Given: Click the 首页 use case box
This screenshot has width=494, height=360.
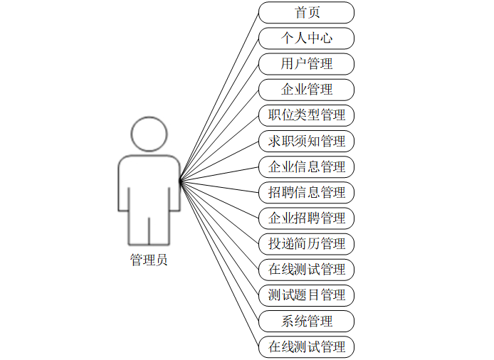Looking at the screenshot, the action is [x=306, y=12].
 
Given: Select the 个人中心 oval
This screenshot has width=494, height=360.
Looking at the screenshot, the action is [x=306, y=38].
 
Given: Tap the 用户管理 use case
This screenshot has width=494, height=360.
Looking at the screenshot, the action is [x=306, y=63].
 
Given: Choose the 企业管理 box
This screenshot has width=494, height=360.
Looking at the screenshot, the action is [x=306, y=89].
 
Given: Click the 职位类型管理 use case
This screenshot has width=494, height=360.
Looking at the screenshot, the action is [x=306, y=115].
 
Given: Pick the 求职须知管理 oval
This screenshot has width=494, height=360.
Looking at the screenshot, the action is [x=306, y=141].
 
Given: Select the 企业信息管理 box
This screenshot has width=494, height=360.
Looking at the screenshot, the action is [x=306, y=166].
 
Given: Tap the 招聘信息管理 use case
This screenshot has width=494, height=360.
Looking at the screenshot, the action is [x=306, y=192].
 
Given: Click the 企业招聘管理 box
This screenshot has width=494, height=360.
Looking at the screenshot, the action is [x=306, y=218].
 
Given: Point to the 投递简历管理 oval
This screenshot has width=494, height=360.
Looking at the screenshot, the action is [x=306, y=243].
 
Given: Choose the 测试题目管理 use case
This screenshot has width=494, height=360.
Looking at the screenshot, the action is [x=306, y=295].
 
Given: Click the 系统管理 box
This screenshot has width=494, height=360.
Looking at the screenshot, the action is [x=306, y=321].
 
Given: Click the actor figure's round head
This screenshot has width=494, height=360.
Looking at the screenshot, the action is [x=149, y=132].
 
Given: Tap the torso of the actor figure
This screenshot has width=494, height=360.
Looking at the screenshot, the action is [x=149, y=182].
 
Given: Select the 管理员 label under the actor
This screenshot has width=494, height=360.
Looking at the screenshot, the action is [x=149, y=260].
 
